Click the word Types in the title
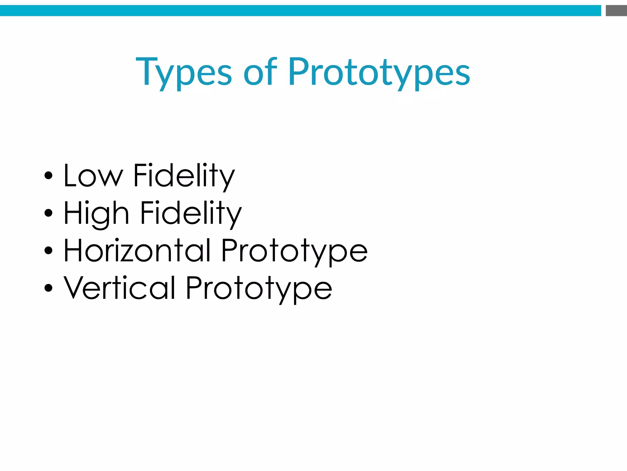(184, 72)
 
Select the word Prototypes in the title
(379, 72)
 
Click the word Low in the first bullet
(93, 175)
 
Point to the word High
(96, 213)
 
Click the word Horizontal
(137, 250)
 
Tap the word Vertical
(119, 288)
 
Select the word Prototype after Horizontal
(294, 251)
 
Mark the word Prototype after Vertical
(259, 289)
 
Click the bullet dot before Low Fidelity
(48, 176)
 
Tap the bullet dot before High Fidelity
(48, 213)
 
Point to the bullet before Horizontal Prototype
(48, 251)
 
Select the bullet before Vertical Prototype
(48, 288)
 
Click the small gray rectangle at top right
(616, 11)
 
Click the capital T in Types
(147, 71)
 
